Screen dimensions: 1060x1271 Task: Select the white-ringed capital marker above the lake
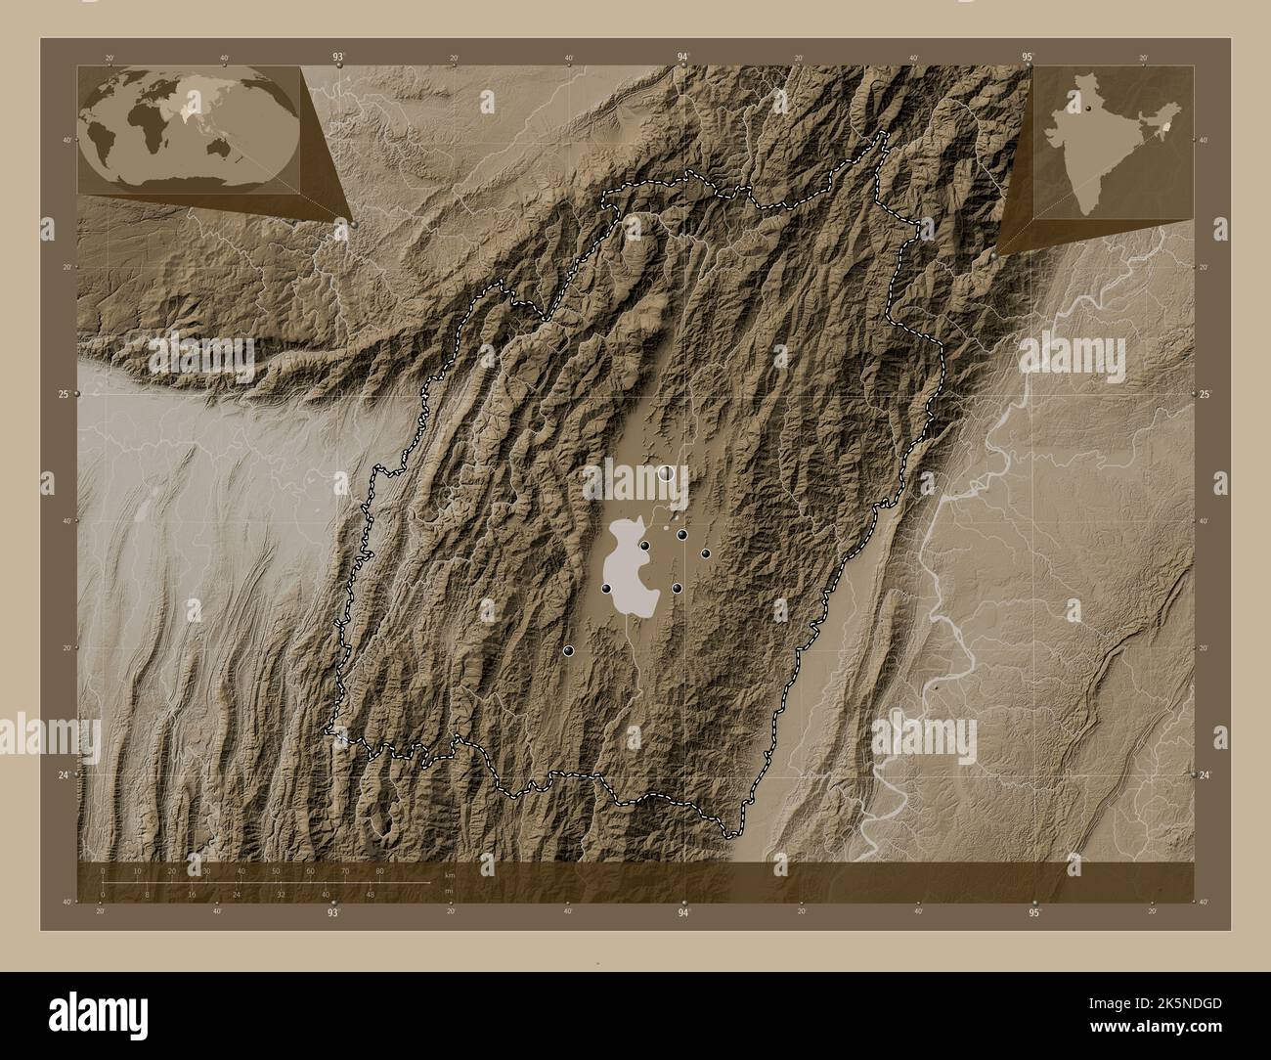[668, 474]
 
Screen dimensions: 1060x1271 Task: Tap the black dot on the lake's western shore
[607, 589]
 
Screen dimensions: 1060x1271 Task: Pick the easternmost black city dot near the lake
[705, 553]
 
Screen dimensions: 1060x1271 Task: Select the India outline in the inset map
[1110, 128]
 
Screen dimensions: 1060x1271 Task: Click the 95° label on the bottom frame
[1034, 913]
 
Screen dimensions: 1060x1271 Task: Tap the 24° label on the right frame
[1205, 774]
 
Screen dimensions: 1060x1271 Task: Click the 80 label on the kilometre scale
[379, 870]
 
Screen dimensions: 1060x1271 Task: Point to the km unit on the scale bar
[449, 874]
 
